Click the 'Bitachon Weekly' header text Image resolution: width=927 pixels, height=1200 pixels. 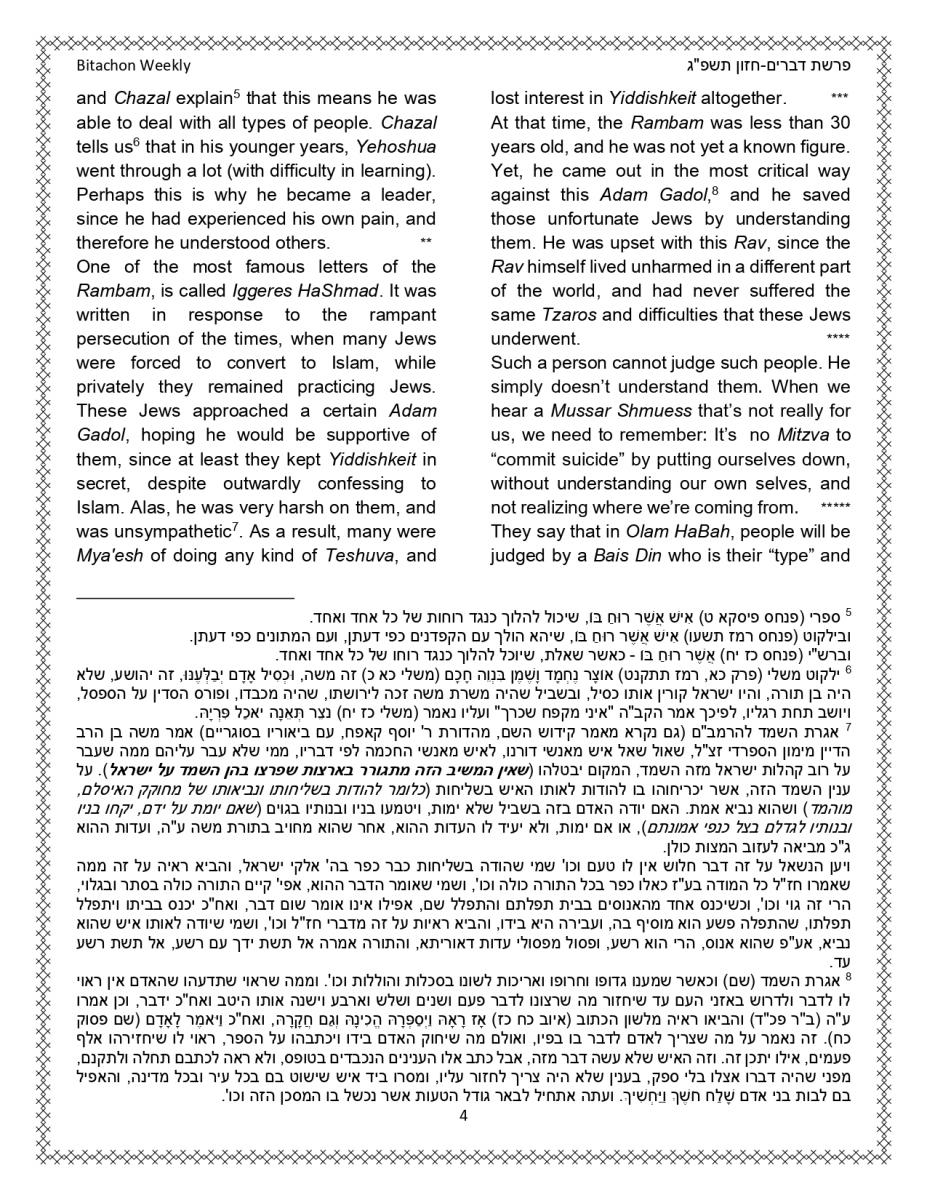(x=133, y=66)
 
